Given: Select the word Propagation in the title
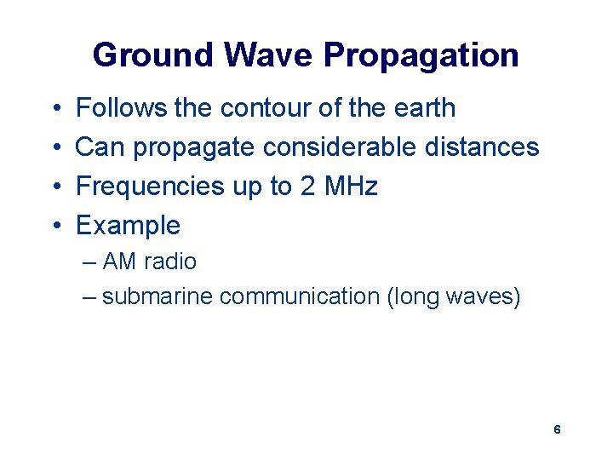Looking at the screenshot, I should click(x=421, y=55).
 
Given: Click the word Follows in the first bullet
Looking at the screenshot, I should click(x=121, y=108).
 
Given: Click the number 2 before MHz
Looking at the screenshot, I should click(x=307, y=187).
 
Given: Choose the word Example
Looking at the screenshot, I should click(x=128, y=226).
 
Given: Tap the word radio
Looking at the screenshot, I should click(x=169, y=262).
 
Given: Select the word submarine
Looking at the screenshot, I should click(x=157, y=296).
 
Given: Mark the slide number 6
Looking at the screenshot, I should click(x=557, y=430).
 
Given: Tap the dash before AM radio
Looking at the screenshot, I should click(x=90, y=262).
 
